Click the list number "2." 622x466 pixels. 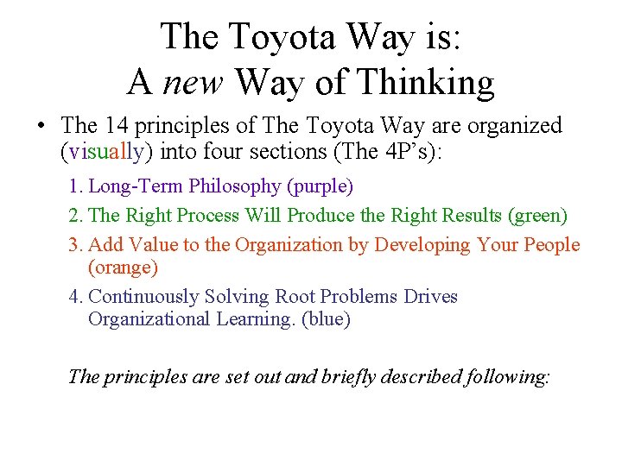pyautogui.click(x=76, y=216)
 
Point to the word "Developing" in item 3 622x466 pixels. pyautogui.click(x=419, y=245)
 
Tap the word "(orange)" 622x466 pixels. pyautogui.click(x=123, y=268)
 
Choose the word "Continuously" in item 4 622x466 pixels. pyautogui.click(x=143, y=297)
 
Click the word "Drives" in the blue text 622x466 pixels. pyautogui.click(x=430, y=297)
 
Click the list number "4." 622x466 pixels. pyautogui.click(x=76, y=297)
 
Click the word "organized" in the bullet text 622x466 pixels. pyautogui.click(x=515, y=126)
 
